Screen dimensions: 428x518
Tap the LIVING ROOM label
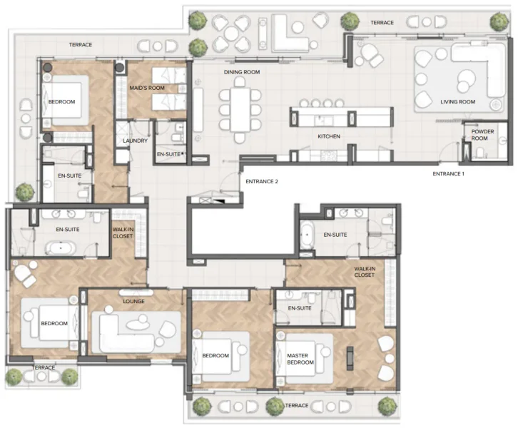point(457,102)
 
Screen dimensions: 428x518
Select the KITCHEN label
point(328,136)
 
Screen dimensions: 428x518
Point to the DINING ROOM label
point(242,72)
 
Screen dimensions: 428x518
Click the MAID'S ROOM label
point(147,88)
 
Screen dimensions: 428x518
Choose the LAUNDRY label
point(135,141)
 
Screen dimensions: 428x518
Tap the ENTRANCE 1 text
point(448,174)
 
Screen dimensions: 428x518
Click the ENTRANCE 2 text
point(262,181)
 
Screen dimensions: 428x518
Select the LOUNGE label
point(133,301)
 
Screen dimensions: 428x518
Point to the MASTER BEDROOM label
point(301,358)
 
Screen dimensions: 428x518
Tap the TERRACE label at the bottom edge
point(297,405)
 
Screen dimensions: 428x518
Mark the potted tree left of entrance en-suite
point(25,191)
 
